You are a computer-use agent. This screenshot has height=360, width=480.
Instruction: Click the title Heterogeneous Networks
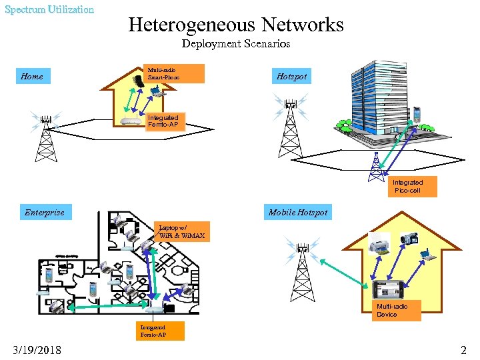(236, 25)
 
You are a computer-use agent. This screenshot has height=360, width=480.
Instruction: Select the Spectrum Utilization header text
(49, 9)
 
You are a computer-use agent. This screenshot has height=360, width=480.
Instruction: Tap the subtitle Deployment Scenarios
(236, 44)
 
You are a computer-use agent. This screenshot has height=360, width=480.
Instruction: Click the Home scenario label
(32, 77)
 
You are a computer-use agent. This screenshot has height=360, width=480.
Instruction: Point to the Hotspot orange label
(292, 77)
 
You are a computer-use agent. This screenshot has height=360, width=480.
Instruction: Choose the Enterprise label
(45, 213)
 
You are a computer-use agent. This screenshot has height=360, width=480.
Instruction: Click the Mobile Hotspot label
(298, 213)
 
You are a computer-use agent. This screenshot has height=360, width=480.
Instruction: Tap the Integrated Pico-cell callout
(407, 187)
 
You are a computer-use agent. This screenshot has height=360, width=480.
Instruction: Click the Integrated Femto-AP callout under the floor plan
(153, 331)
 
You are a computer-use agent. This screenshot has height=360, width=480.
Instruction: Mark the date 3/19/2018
(37, 350)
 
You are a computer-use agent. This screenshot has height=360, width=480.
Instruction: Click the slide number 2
(463, 350)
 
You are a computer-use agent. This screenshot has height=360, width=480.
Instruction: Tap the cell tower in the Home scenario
(46, 137)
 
